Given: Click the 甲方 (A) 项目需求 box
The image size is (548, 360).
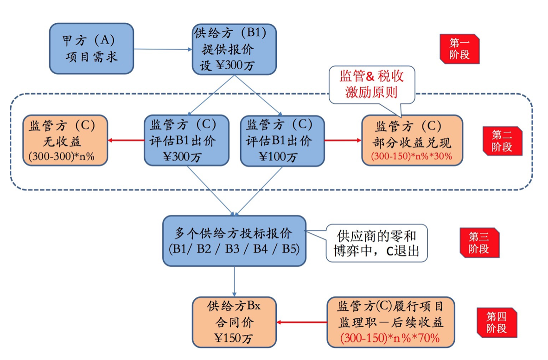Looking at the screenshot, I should click(x=91, y=49).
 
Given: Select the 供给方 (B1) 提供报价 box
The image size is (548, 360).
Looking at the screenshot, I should click(x=234, y=49).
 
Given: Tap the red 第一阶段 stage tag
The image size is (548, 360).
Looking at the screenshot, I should click(x=459, y=49).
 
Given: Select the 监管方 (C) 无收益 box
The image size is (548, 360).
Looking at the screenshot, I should click(x=65, y=141).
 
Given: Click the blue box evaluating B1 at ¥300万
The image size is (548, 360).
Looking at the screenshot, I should click(x=186, y=141).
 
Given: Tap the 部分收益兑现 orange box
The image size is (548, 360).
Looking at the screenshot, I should click(x=412, y=141).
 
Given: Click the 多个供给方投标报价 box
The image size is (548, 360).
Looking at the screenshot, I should click(x=234, y=241).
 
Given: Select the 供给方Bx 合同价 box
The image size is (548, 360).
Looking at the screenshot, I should click(x=234, y=322).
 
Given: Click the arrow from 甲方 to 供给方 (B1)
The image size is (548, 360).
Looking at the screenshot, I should click(x=163, y=49).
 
